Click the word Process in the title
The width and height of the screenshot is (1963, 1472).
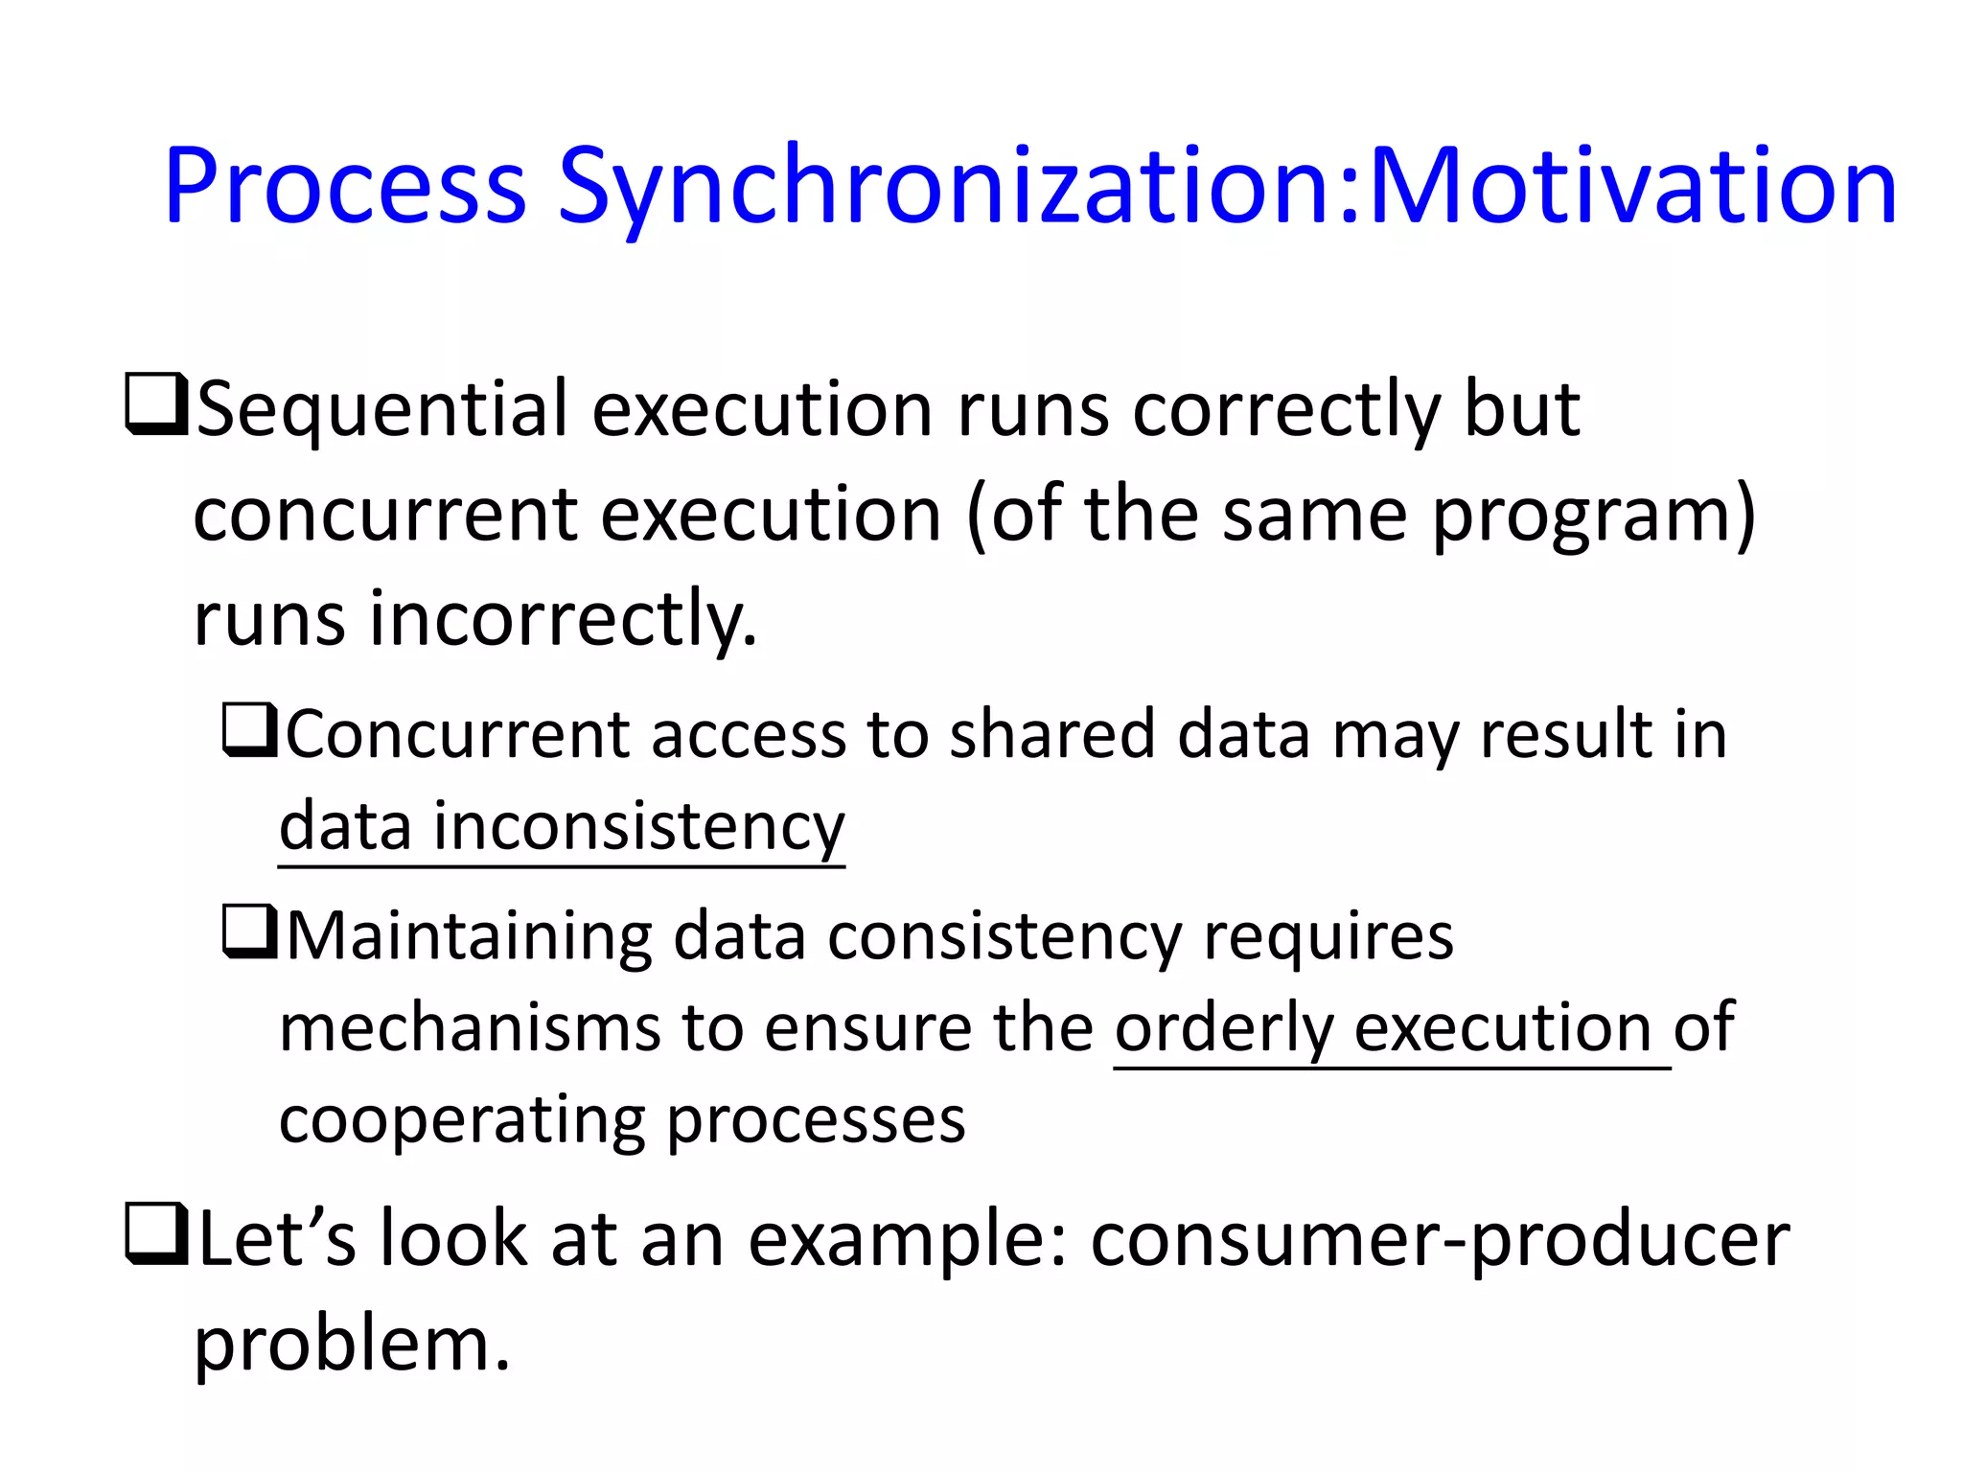click(345, 187)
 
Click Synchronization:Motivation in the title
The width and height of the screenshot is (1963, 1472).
click(1227, 187)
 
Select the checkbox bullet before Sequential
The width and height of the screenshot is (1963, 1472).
click(155, 406)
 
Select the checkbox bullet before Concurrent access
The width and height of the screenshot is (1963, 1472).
click(250, 730)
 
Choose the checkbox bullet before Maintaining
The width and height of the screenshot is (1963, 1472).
click(250, 932)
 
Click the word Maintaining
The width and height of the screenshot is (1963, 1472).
click(469, 937)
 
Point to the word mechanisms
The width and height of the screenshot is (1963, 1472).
click(470, 1027)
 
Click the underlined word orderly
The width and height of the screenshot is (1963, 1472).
click(1223, 1029)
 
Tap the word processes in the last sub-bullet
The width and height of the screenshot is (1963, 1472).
click(816, 1121)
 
